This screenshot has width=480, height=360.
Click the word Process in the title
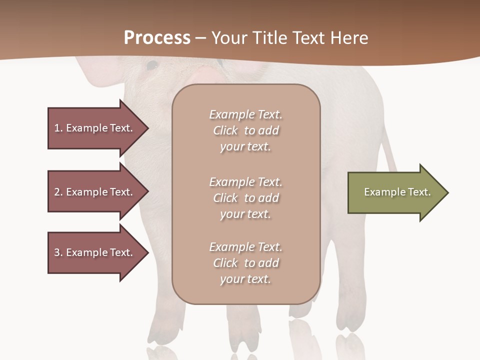[157, 38]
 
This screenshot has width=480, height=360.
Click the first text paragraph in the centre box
[245, 130]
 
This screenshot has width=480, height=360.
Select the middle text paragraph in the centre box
[245, 197]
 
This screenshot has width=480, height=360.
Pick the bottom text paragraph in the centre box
[245, 262]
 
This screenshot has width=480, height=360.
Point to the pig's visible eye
[152, 65]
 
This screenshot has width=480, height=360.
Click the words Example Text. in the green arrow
[397, 192]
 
